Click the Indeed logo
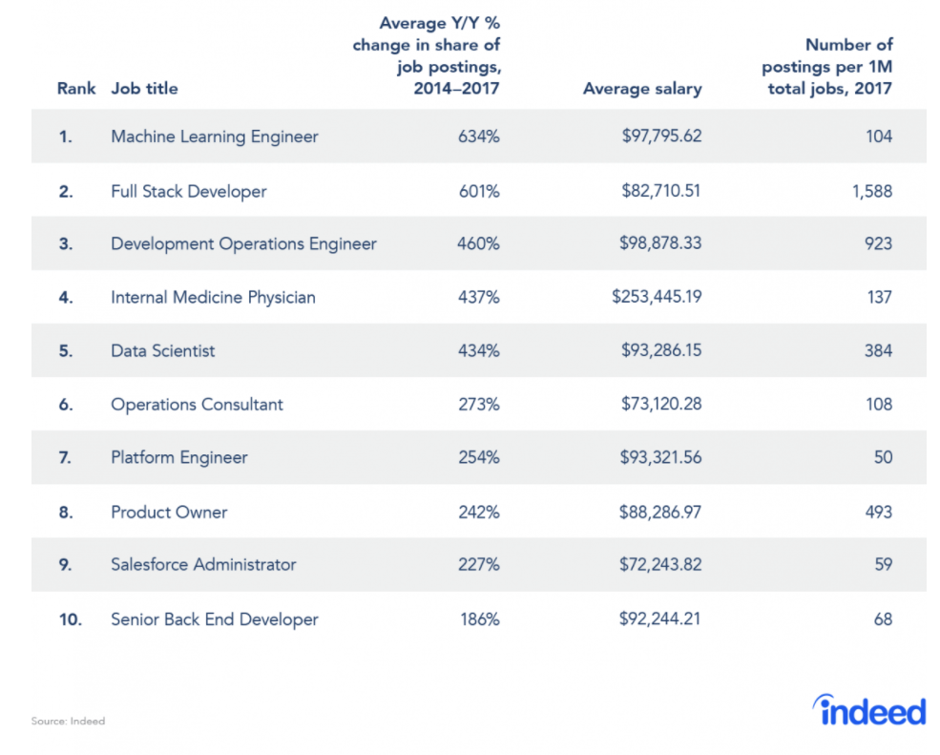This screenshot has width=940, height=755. (868, 711)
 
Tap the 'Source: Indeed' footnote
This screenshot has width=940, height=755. (68, 721)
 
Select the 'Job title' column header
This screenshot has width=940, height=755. (144, 89)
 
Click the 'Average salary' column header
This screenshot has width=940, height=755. (642, 89)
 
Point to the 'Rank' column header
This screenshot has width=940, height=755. (76, 89)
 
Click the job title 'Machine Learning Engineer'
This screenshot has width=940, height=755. (215, 136)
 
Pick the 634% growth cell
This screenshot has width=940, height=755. (478, 136)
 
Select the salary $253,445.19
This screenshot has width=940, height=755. (657, 297)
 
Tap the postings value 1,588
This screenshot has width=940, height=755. (872, 191)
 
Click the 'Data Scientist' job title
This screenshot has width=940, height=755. (163, 351)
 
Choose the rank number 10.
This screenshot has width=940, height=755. (70, 619)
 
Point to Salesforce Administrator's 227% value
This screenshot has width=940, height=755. (478, 564)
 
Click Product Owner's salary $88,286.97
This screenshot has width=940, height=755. (660, 513)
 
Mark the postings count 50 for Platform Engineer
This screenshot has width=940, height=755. (883, 457)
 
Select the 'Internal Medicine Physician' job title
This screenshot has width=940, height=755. (214, 298)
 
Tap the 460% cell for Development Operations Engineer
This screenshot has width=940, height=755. (478, 243)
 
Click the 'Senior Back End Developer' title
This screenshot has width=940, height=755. (215, 619)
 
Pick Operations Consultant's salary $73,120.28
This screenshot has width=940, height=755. (661, 404)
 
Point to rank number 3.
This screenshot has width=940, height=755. (66, 244)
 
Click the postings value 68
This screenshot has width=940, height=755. (883, 619)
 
